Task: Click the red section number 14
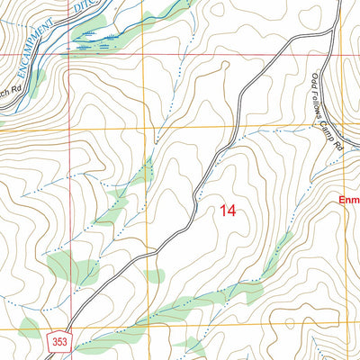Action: (226, 211)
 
